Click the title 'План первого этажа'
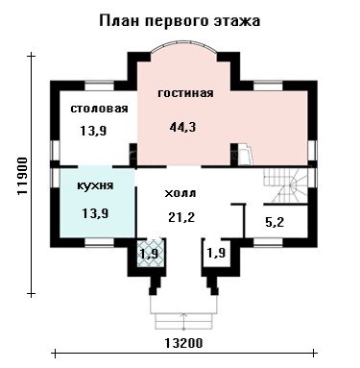180,21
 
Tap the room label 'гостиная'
185,93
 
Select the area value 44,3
182,127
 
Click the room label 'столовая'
99,109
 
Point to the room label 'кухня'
95,185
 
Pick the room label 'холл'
180,193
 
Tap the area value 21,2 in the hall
181,217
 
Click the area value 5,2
275,222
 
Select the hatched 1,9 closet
151,253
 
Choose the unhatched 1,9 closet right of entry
217,253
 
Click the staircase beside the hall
285,185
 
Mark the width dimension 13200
184,343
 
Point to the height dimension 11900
22,176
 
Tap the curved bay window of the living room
183,48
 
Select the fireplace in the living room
246,154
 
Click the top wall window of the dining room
99,86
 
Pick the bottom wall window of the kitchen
99,242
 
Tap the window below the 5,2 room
269,242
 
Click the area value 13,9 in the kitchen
95,213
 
